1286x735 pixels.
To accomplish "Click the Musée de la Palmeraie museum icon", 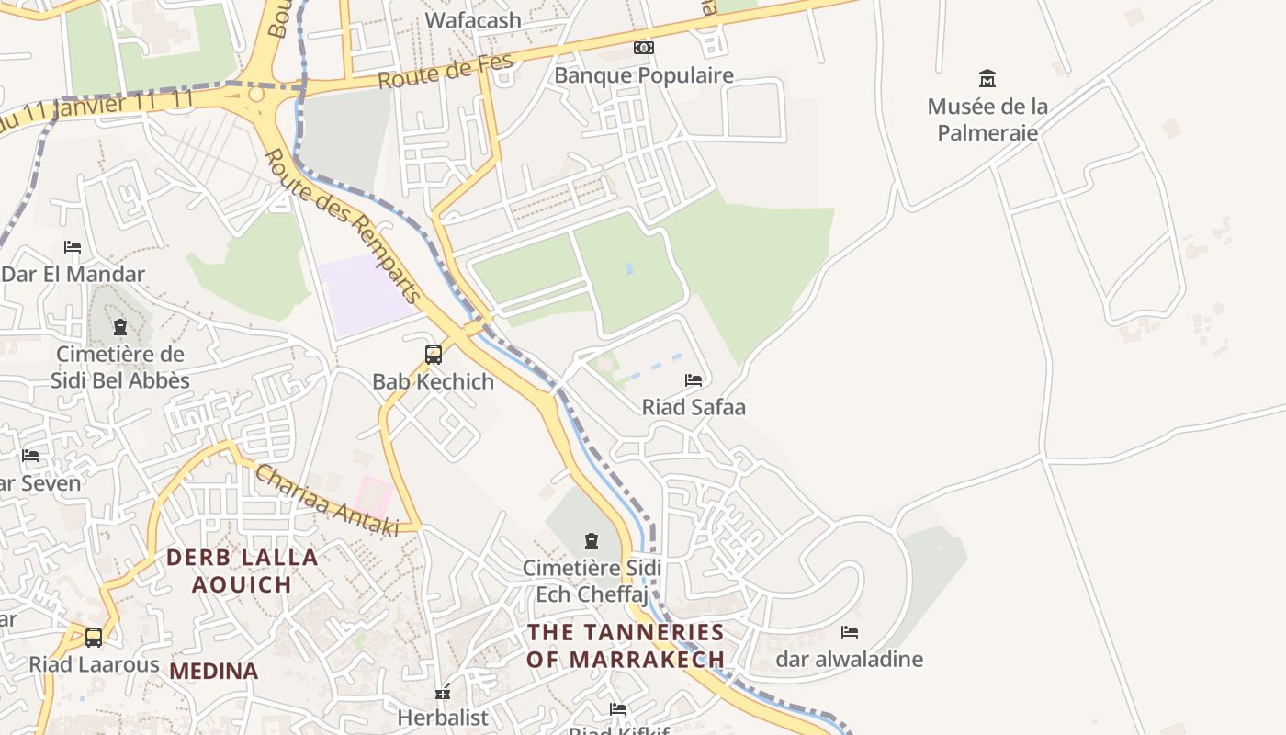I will [x=987, y=78].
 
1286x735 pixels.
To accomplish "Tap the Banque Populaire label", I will [x=643, y=75].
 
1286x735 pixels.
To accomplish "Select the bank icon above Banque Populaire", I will [x=644, y=48].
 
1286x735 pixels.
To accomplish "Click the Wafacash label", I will [x=473, y=20].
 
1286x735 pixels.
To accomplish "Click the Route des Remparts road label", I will [x=343, y=226].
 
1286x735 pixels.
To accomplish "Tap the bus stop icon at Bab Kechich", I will [x=434, y=354].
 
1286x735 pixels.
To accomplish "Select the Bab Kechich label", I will [x=433, y=381].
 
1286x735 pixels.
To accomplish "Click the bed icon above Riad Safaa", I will [x=694, y=379].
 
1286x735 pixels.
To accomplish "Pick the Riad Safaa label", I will [x=694, y=407].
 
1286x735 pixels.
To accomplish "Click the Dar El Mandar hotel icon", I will [x=73, y=247].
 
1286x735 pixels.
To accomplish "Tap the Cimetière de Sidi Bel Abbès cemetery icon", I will [x=119, y=327].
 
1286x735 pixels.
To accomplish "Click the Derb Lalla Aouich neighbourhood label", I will [x=242, y=571].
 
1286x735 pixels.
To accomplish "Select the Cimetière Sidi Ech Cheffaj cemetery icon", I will [x=592, y=541].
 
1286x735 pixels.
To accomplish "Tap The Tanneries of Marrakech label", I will [x=626, y=646].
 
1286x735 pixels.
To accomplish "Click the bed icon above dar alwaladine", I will [x=850, y=632].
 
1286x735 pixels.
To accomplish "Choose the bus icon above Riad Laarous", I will [x=94, y=637].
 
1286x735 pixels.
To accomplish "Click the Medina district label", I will [x=213, y=672].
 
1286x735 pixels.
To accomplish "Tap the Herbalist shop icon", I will [x=443, y=692].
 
